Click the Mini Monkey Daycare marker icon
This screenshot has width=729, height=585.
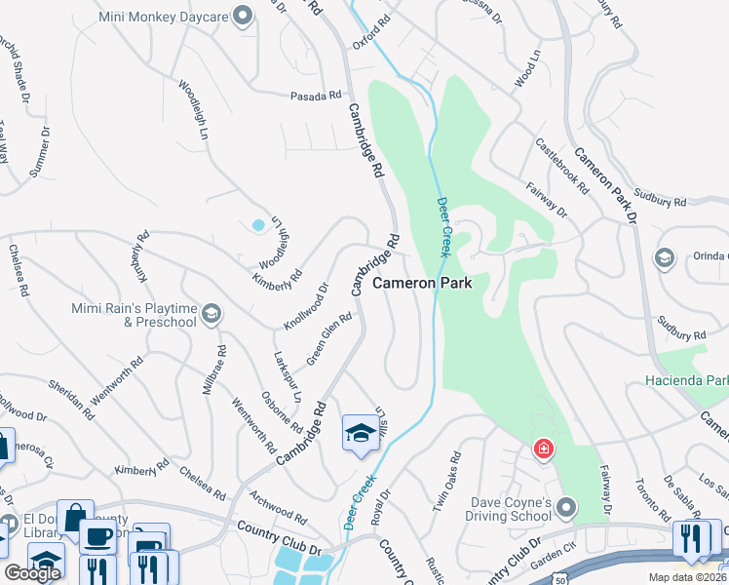244,15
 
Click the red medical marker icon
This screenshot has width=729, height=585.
542,449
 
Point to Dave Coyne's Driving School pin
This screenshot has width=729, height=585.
568,507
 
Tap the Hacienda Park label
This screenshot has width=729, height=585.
687,378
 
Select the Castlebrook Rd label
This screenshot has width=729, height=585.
562,163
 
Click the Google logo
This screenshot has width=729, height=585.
32,573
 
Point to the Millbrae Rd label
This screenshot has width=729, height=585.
213,370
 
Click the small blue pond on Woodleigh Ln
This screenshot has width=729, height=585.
258,225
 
